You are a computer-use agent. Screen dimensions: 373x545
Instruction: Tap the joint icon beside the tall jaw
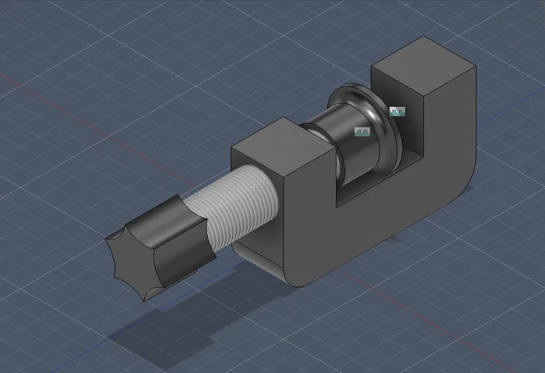398,112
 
